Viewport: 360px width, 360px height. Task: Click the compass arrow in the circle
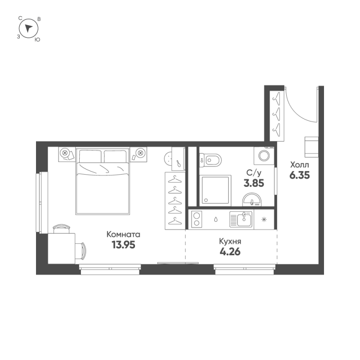[29, 28]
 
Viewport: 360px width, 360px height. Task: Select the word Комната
[123, 234]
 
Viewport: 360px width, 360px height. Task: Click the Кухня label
[229, 241]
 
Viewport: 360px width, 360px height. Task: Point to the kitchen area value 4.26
[229, 251]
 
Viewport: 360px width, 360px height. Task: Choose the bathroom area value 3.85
[253, 183]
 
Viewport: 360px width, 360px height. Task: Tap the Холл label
[300, 165]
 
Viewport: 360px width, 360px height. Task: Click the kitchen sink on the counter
[242, 220]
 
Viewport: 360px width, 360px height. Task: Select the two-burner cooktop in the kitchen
[196, 220]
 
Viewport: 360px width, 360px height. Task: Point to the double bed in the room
[103, 182]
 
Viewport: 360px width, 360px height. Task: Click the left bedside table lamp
[66, 153]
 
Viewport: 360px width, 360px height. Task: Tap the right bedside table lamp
[140, 153]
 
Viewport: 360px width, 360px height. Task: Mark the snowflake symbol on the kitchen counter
[264, 220]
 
